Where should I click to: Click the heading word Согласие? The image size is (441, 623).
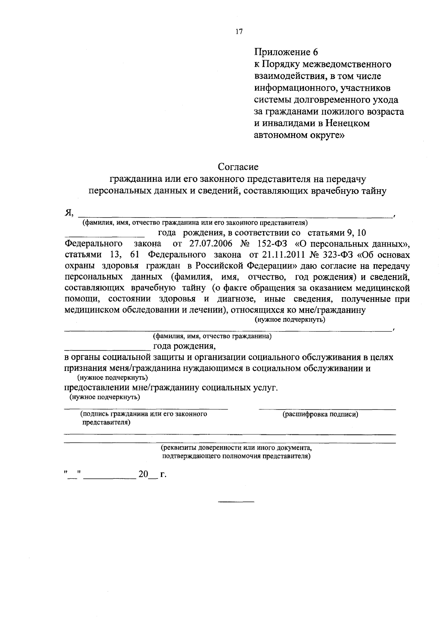(x=238, y=167)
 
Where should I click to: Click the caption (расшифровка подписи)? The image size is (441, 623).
(x=320, y=415)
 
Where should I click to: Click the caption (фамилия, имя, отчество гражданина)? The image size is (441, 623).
(x=212, y=336)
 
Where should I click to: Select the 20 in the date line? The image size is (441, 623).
(x=143, y=475)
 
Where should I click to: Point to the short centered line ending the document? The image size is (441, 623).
(x=236, y=502)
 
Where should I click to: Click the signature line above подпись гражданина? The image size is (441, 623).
(x=146, y=409)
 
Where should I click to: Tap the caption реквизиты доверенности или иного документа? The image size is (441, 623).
(x=236, y=448)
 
